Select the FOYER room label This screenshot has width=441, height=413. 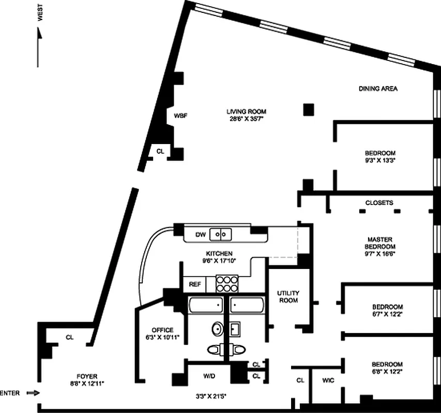[x=79, y=376]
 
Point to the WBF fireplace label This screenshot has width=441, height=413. [x=180, y=116]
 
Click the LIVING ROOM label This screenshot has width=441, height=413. [x=246, y=112]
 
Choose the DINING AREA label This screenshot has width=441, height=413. [x=378, y=89]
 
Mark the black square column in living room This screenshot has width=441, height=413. [x=309, y=109]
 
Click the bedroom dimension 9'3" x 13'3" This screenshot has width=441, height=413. [x=380, y=161]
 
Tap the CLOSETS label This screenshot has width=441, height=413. [x=379, y=203]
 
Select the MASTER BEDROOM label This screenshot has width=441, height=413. [x=380, y=243]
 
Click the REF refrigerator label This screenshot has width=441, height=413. [x=195, y=284]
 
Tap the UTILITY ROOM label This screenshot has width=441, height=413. [x=288, y=296]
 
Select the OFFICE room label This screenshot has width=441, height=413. [x=162, y=330]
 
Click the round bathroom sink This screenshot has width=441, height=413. [x=218, y=328]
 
